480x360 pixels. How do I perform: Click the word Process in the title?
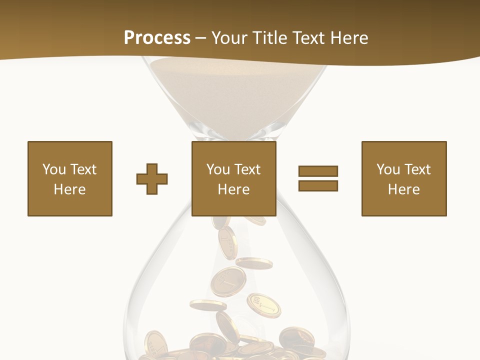click(157, 37)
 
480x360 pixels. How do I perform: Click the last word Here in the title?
click(348, 37)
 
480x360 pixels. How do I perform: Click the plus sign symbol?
click(152, 179)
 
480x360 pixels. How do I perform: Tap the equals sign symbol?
click(318, 178)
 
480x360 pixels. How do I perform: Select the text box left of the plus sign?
click(70, 178)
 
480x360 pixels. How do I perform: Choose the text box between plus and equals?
click(234, 178)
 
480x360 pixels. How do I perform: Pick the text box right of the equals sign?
click(404, 178)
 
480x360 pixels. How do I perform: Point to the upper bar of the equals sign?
click(318, 171)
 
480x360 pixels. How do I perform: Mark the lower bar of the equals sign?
click(318, 186)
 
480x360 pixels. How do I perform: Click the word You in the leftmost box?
click(53, 169)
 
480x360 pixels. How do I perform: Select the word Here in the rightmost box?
click(404, 189)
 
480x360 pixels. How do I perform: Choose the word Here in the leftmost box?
click(70, 189)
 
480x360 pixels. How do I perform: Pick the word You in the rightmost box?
click(388, 169)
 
